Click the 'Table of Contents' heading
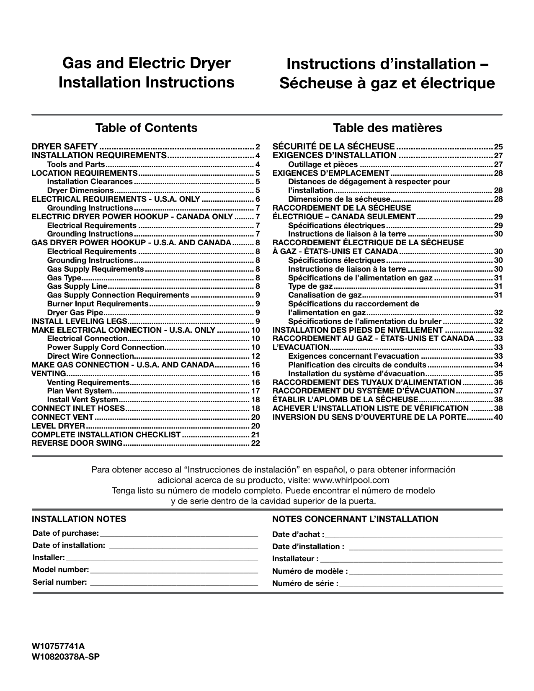click(146, 128)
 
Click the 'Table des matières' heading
click(387, 128)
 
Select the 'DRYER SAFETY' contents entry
click(65, 146)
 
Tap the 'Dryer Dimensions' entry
click(80, 190)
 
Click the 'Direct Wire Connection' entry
click(90, 356)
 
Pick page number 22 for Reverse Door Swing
click(255, 443)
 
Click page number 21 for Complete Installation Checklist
click(255, 434)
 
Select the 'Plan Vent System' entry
click(80, 391)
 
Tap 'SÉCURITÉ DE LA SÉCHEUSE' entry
click(333, 146)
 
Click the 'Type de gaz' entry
click(310, 286)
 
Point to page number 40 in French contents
click(498, 417)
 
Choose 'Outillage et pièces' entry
click(323, 164)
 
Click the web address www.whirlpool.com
click(351, 480)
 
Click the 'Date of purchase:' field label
click(66, 533)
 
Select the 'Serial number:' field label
click(60, 582)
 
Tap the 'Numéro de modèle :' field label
click(310, 571)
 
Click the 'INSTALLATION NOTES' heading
click(79, 519)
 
